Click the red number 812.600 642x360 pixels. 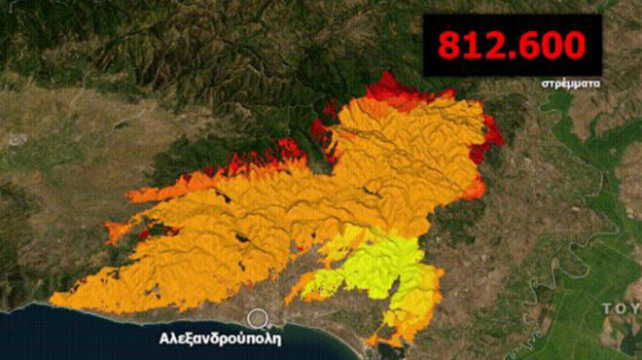512,45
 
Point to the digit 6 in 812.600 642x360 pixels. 531,45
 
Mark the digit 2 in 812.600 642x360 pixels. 497,45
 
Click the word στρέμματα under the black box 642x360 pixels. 571,84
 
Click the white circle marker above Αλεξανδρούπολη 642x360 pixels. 258,318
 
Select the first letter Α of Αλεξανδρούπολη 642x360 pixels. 164,341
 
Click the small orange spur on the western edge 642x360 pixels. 117,232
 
